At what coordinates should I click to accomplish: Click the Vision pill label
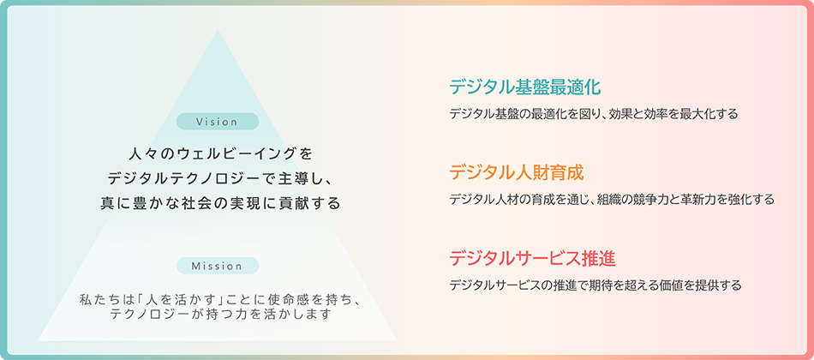[x=218, y=122]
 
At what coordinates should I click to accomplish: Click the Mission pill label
[x=218, y=266]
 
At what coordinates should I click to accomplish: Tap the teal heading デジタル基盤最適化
[x=525, y=87]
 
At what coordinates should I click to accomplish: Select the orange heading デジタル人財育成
[x=517, y=172]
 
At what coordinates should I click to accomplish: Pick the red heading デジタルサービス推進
[x=533, y=258]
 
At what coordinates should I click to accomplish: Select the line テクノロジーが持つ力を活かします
[x=220, y=315]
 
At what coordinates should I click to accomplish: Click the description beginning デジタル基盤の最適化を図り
[x=594, y=114]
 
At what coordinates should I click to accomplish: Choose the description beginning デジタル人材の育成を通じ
[x=612, y=200]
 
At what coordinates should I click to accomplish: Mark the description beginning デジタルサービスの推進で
[x=595, y=285]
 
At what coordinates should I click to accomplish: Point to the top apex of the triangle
[x=218, y=29]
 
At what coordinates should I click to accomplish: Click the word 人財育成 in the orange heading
[x=550, y=172]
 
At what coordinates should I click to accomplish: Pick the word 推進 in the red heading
[x=599, y=258]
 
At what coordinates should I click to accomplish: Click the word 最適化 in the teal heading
[x=575, y=87]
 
